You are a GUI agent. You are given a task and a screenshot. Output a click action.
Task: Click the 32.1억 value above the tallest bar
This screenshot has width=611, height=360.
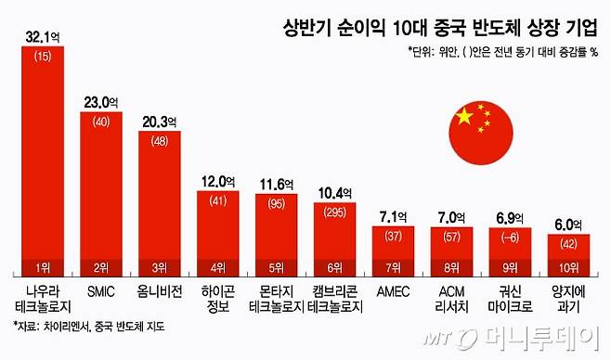point(43,37)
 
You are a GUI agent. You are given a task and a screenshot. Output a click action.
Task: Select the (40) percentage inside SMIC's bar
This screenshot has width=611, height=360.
point(101,121)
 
